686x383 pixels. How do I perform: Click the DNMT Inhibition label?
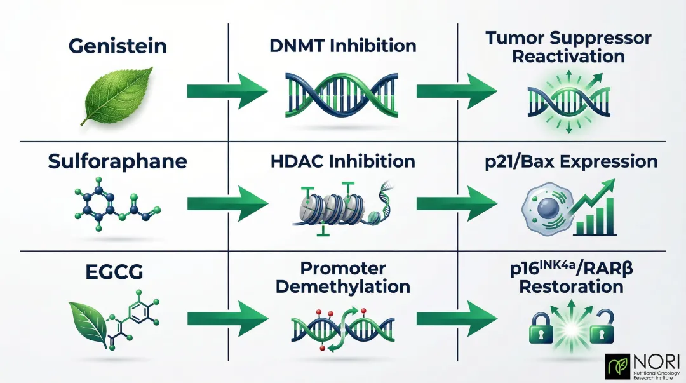pyautogui.click(x=342, y=46)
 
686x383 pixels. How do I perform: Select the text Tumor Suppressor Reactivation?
pyautogui.click(x=568, y=47)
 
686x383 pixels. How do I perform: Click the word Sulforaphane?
pyautogui.click(x=118, y=161)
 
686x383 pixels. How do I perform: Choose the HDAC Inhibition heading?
pyautogui.click(x=342, y=161)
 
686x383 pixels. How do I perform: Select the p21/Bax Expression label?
pyautogui.click(x=570, y=161)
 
